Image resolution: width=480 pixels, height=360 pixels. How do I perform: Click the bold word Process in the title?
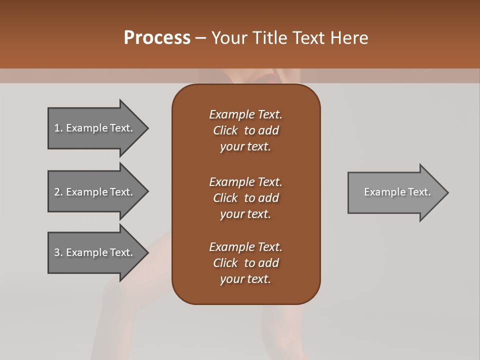pyautogui.click(x=157, y=38)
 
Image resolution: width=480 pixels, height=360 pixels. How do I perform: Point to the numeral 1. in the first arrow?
pyautogui.click(x=58, y=128)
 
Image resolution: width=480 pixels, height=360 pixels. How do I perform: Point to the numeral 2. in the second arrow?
pyautogui.click(x=58, y=192)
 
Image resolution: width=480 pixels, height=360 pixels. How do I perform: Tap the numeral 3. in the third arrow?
pyautogui.click(x=58, y=252)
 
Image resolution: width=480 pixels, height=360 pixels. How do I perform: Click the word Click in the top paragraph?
pyautogui.click(x=225, y=130)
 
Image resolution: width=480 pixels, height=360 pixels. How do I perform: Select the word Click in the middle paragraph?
pyautogui.click(x=225, y=198)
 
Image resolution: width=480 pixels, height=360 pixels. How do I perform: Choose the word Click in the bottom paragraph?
pyautogui.click(x=225, y=263)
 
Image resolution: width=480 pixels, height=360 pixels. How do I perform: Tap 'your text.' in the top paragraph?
pyautogui.click(x=245, y=147)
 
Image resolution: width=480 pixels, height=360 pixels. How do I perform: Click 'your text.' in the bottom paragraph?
pyautogui.click(x=245, y=279)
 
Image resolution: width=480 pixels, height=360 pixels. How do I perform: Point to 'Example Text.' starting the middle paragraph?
pyautogui.click(x=245, y=181)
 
